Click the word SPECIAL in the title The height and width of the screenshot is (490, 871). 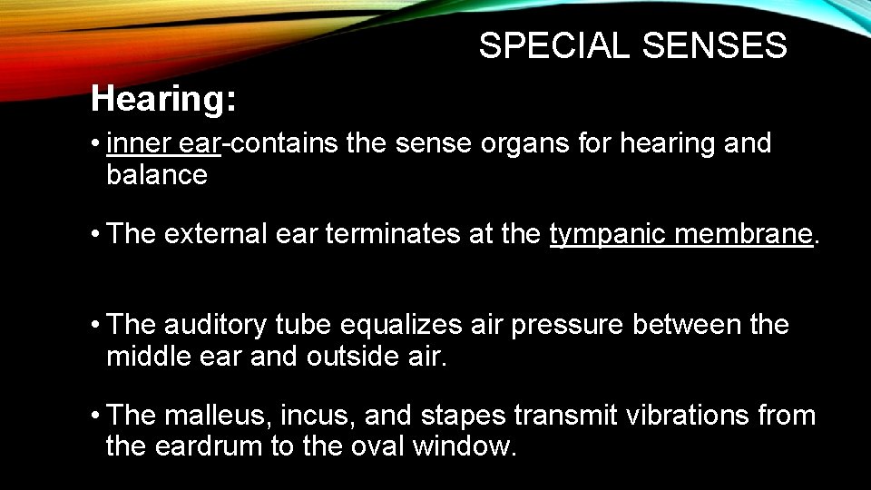[554, 46]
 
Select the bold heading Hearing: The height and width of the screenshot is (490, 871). [164, 99]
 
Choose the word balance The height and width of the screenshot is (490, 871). [157, 174]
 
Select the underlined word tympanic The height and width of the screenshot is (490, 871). [602, 234]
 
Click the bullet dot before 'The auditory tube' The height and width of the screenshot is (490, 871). [95, 326]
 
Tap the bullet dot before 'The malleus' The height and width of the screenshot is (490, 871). [95, 416]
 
